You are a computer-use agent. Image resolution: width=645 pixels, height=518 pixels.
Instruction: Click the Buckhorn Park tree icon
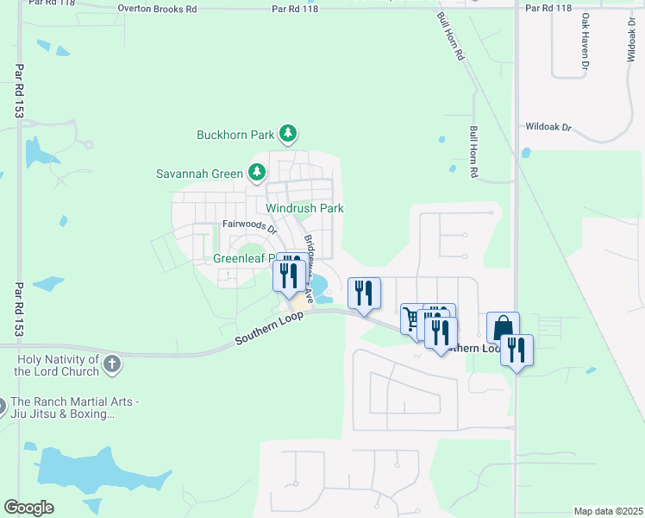pos(289,134)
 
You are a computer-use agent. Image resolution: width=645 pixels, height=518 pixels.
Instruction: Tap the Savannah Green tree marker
pos(256,173)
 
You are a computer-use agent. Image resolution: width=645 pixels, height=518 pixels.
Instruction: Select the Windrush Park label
pos(304,208)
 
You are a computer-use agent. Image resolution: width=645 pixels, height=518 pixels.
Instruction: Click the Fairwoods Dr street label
pos(247,226)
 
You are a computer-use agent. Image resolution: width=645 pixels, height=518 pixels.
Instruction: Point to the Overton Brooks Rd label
pos(157,9)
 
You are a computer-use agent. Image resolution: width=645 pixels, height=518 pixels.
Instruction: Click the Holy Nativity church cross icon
pos(111,364)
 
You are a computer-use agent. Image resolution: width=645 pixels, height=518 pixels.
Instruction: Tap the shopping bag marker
pos(503,328)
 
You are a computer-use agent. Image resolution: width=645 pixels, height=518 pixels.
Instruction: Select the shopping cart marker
pos(413,319)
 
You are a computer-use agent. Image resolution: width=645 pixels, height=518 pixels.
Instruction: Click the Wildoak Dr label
pos(548,127)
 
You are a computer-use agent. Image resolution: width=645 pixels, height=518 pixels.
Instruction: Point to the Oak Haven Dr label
pos(585,41)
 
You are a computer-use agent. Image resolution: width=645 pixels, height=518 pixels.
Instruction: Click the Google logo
pos(28,507)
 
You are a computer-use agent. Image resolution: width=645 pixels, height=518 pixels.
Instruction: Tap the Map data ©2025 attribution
pos(608,511)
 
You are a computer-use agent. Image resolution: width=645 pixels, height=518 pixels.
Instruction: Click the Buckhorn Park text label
pos(235,135)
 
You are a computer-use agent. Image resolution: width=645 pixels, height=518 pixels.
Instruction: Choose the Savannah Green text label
pos(199,174)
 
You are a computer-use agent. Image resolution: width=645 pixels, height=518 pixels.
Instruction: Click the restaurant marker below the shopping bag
pos(517,351)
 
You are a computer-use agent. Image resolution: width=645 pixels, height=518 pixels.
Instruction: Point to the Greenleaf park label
pos(244,258)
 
